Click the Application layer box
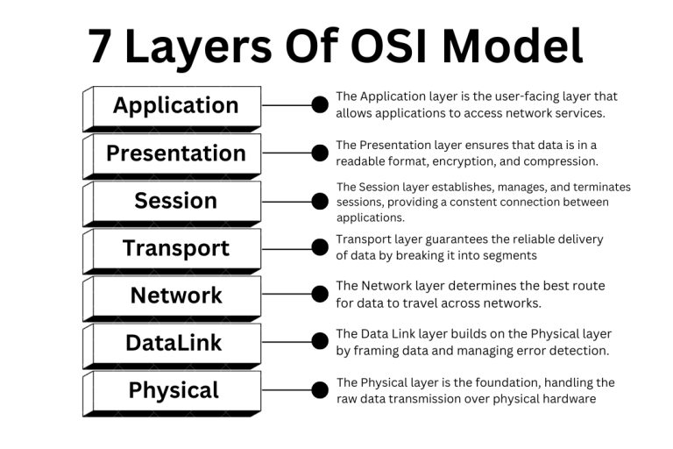coord(175,105)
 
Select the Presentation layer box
coord(175,153)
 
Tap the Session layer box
coord(175,201)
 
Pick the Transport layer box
coord(175,248)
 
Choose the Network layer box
coord(175,296)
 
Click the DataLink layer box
coord(175,343)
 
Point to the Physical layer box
coord(175,390)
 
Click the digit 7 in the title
coord(101,46)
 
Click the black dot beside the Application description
coord(320,105)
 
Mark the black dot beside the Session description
coord(320,201)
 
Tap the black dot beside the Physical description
coord(320,390)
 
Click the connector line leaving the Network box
coord(287,296)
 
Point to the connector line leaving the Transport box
coord(287,248)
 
